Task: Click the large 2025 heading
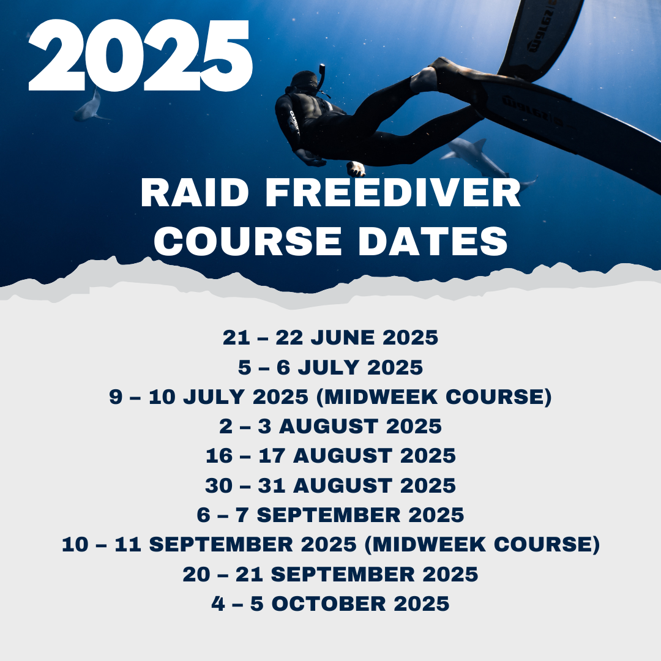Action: (140, 55)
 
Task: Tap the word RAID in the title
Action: (195, 192)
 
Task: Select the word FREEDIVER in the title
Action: (394, 192)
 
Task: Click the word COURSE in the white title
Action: (247, 241)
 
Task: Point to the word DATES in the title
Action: (433, 241)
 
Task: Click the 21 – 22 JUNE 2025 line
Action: (330, 337)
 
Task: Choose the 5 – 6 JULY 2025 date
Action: (330, 367)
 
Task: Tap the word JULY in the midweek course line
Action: (214, 397)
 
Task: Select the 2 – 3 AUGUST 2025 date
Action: (330, 426)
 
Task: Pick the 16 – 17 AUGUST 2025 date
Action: (330, 456)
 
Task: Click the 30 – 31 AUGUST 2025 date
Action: (330, 485)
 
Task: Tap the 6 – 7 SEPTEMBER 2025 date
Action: (330, 515)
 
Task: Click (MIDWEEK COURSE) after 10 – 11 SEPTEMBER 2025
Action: (482, 544)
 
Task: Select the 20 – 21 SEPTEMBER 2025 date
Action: (330, 574)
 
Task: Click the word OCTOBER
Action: (329, 603)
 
